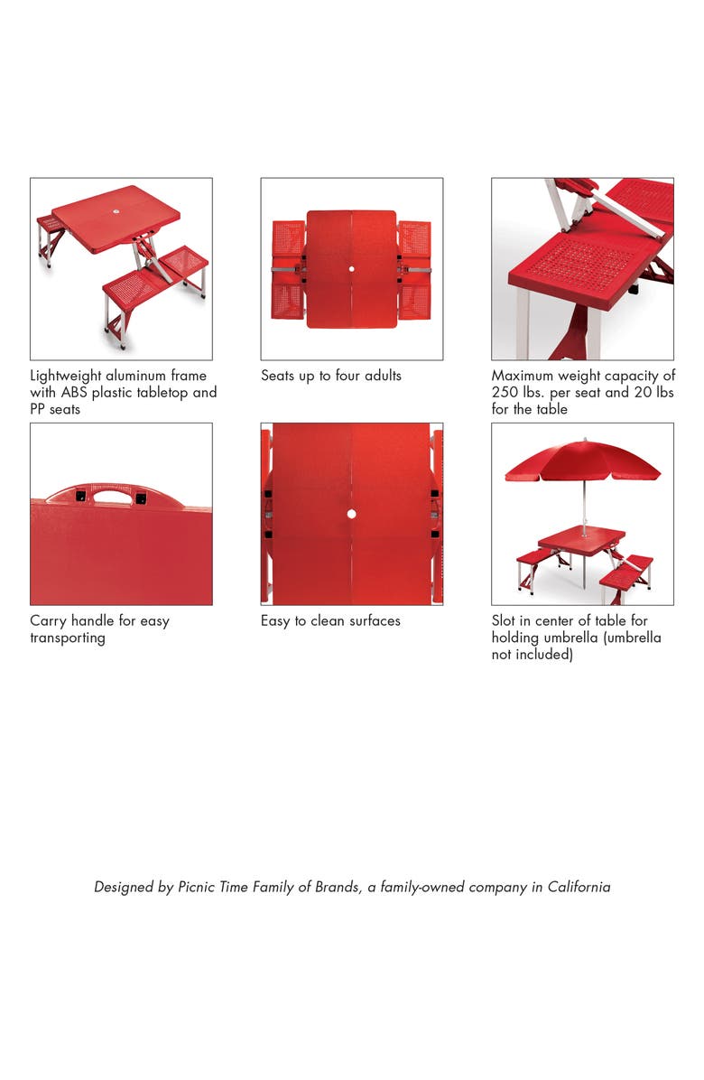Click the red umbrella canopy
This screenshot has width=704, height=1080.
point(582,461)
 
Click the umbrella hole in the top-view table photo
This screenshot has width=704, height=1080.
point(351,270)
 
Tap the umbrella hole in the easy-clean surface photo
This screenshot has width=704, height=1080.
point(351,514)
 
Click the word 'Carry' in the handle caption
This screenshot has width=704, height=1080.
point(50,621)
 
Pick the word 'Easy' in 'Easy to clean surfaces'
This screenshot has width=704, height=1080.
point(276,621)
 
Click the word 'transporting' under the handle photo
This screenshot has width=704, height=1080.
point(68,638)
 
